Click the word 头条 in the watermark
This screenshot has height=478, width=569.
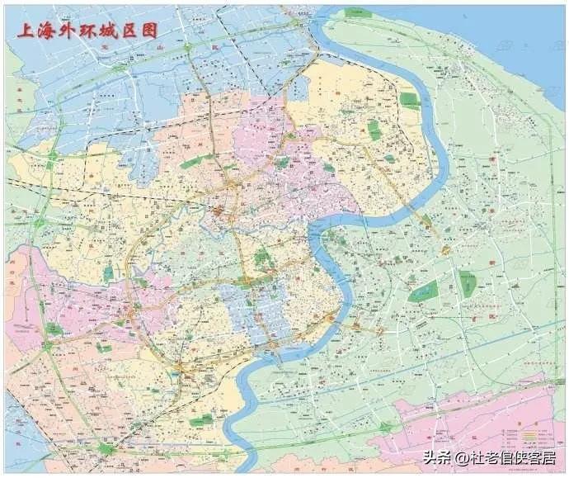click(x=438, y=457)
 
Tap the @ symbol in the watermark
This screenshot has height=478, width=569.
click(x=462, y=458)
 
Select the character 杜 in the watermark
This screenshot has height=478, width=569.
click(x=478, y=457)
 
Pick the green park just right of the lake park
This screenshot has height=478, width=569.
click(x=468, y=284)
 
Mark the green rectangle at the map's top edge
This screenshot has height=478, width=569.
click(x=356, y=12)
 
